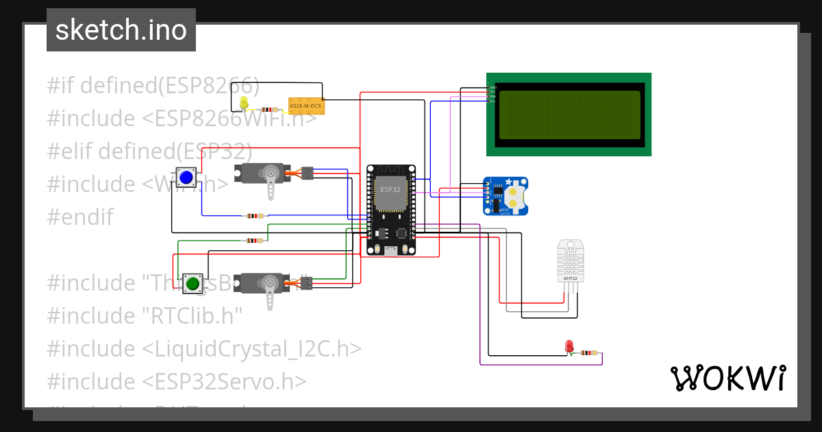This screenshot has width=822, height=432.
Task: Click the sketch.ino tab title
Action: pos(121,30)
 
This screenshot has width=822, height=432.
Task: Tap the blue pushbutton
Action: pos(186,178)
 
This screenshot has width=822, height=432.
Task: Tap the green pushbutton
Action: pos(192,283)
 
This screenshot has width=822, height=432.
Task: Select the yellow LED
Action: pos(244,104)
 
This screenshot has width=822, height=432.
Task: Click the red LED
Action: pos(569,347)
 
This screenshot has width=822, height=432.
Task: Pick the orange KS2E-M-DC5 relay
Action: pos(306,106)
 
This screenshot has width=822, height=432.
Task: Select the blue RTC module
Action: pos(506,195)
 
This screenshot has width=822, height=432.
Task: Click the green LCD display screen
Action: pos(569,114)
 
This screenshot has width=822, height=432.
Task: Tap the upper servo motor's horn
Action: pos(272,182)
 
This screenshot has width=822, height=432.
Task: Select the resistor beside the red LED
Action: pos(587,353)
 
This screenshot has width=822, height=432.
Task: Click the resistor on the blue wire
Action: pos(254,216)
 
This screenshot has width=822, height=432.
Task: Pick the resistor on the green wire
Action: pos(254,241)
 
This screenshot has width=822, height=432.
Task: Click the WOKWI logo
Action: pos(727,378)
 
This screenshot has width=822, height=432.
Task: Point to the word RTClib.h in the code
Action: pos(193,315)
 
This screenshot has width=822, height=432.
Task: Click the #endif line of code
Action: pos(80,217)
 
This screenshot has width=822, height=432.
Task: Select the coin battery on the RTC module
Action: pos(518,194)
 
